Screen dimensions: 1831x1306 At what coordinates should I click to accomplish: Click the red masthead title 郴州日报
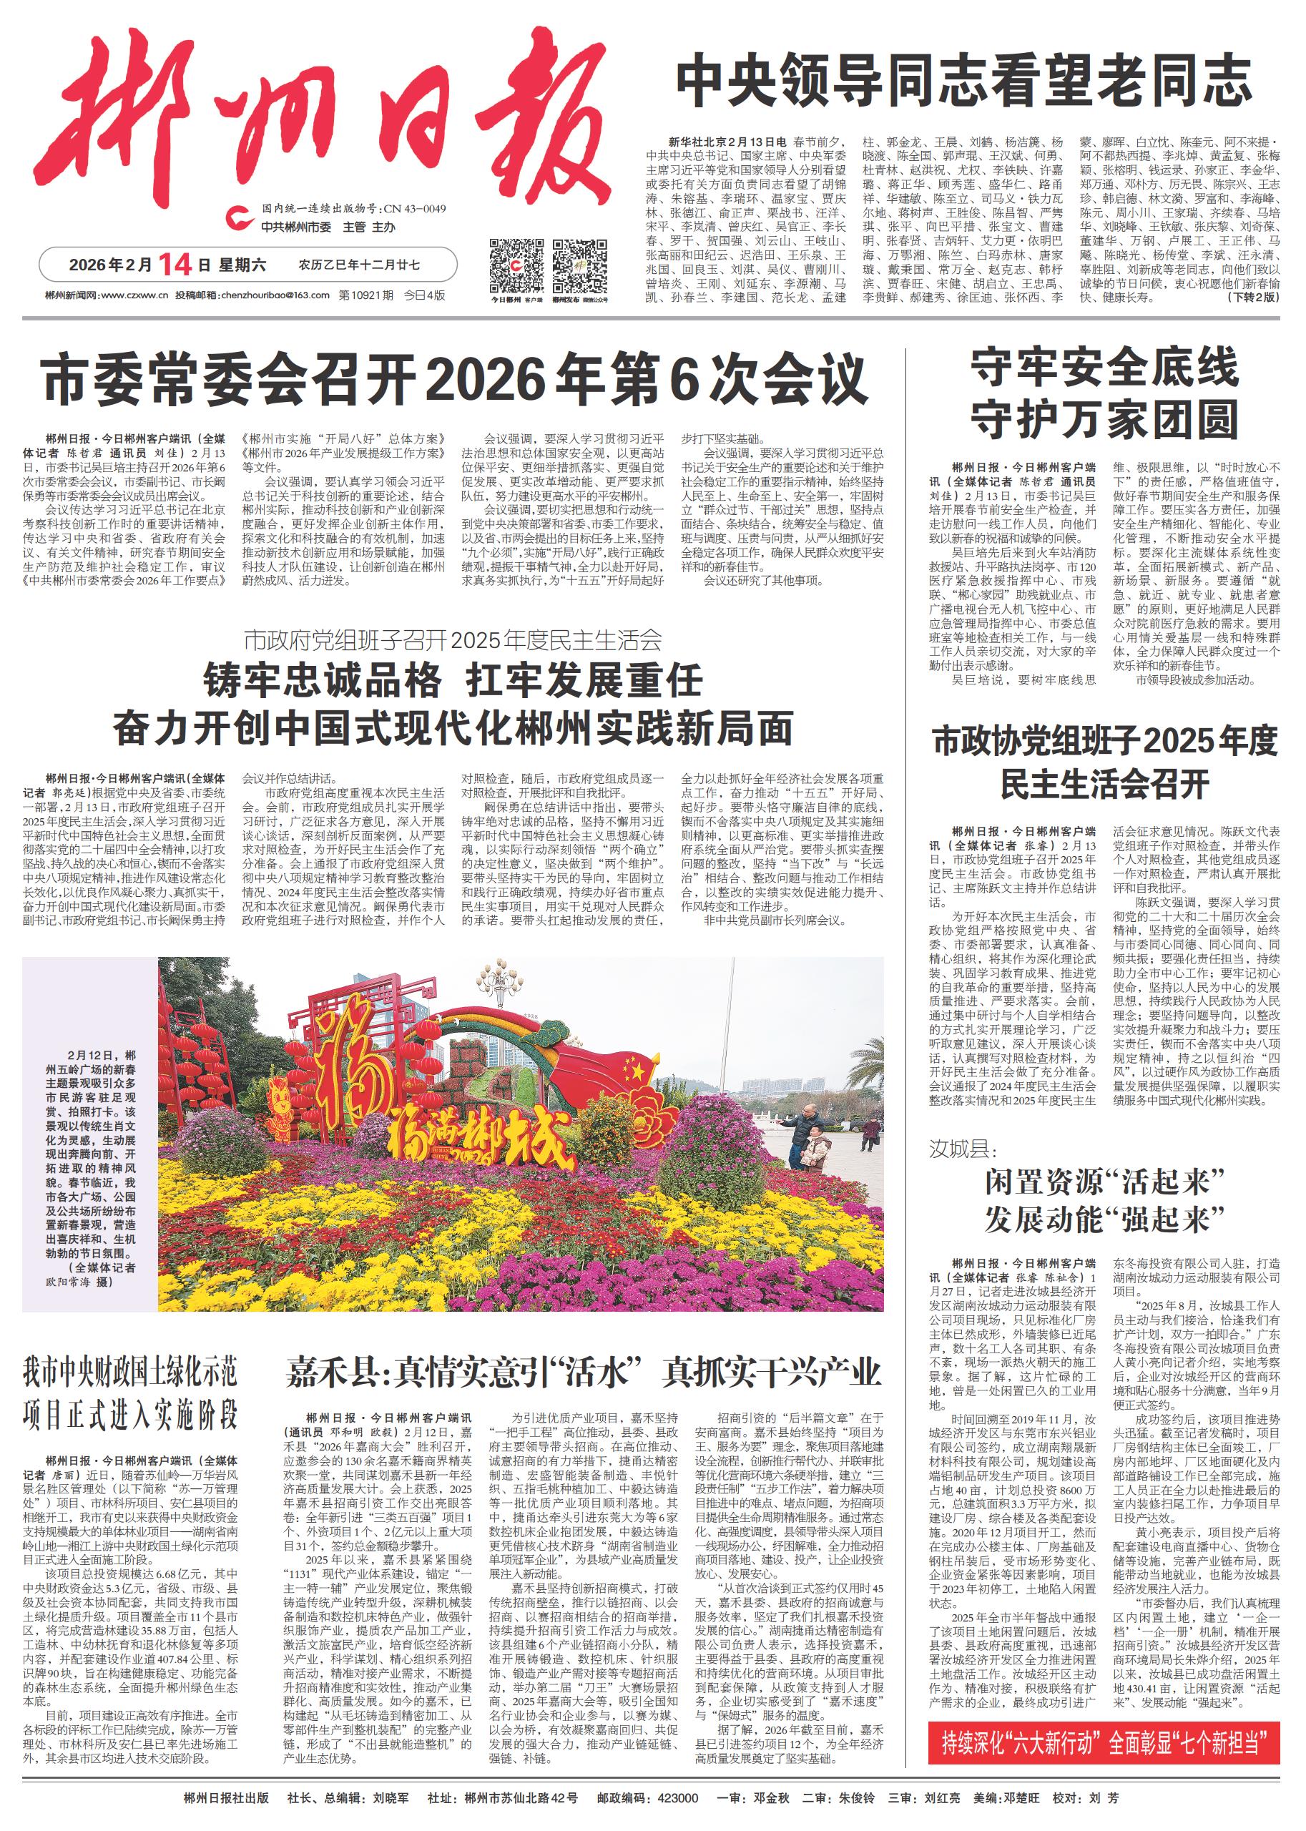point(322,121)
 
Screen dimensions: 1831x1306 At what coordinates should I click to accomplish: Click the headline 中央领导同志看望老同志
point(963,80)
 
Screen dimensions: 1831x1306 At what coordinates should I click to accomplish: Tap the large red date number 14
point(173,264)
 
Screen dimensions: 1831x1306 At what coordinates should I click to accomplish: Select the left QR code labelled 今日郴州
point(516,266)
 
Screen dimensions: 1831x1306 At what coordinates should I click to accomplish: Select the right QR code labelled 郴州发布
point(579,266)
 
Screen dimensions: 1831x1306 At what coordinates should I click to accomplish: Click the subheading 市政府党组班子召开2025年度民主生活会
point(453,640)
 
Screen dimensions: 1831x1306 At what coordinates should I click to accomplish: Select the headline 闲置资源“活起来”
point(1104,1183)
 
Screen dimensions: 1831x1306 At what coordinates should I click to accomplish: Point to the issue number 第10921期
point(366,295)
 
